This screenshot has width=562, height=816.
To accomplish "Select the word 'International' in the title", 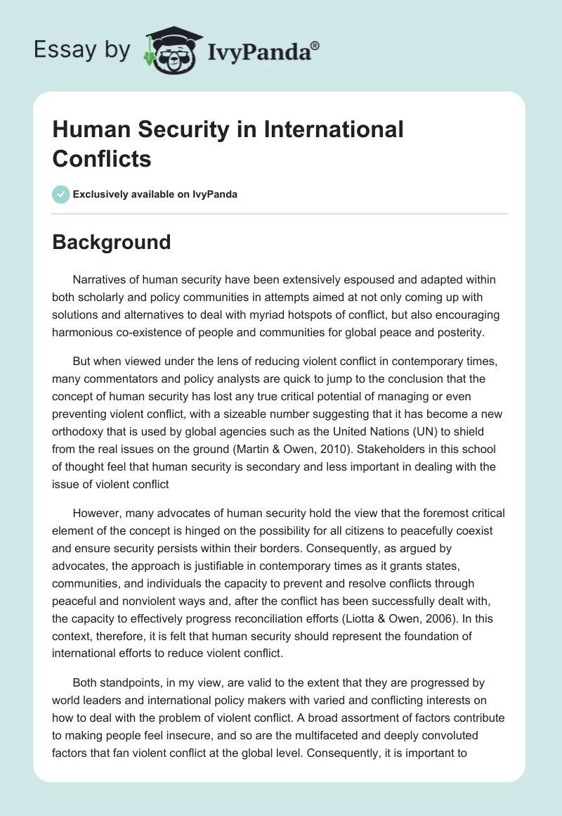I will click(336, 129).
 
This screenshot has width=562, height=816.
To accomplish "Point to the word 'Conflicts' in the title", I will click(102, 158).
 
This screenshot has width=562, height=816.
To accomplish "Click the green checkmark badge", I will click(61, 194).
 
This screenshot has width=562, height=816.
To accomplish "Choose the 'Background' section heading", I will click(112, 242).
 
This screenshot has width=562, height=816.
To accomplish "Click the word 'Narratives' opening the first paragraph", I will click(103, 279).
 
